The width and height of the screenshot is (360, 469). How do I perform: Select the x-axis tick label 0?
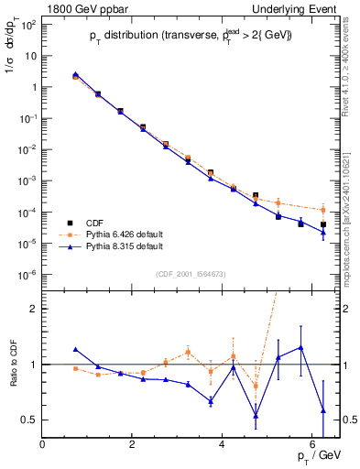point(43,445)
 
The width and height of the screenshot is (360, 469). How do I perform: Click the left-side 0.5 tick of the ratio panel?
point(27,420)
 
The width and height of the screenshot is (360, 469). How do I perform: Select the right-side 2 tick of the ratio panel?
point(343,309)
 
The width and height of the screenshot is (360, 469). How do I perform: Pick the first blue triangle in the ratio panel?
point(75,349)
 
